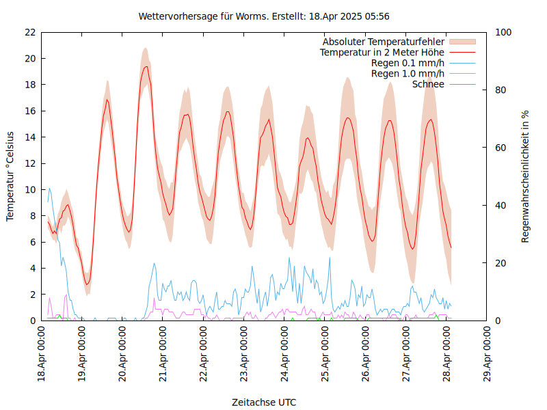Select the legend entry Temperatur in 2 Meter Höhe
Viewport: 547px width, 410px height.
382,52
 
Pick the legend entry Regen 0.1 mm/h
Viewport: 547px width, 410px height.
408,63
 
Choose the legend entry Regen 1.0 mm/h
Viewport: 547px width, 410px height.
408,73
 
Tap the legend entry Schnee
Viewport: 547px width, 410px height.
429,84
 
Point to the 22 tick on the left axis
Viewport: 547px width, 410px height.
29,32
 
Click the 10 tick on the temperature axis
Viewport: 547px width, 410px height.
29,189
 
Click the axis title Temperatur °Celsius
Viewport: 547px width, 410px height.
10,176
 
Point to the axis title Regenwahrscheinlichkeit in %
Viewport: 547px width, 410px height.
526,176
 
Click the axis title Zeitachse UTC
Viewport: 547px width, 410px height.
264,402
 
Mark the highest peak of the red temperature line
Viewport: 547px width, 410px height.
146,66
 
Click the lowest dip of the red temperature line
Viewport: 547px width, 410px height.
87,284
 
